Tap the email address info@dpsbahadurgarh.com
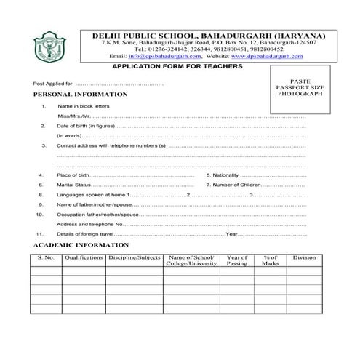(x=167, y=56)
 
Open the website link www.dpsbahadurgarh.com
(x=260, y=56)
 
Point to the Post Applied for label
(x=53, y=84)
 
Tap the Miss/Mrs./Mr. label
(x=73, y=116)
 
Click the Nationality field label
(x=224, y=175)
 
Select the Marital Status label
(x=76, y=185)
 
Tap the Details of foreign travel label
(x=86, y=234)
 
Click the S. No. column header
(x=45, y=258)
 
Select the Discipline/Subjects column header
(x=134, y=258)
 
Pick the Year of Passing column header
(x=237, y=261)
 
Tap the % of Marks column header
(x=271, y=261)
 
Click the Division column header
(x=304, y=258)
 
